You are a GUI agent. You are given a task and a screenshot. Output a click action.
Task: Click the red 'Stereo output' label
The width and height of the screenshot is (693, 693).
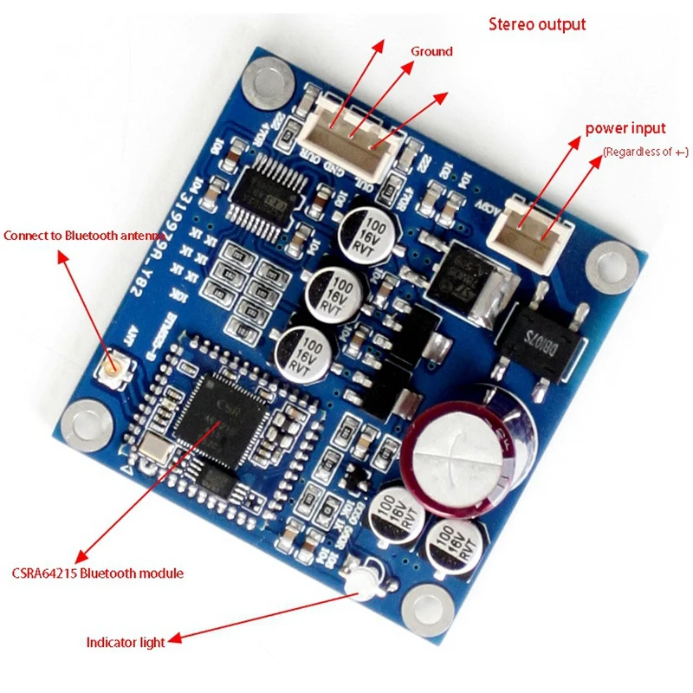[x=537, y=24]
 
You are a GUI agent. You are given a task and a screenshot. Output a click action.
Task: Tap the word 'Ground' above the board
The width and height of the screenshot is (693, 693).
[x=431, y=51]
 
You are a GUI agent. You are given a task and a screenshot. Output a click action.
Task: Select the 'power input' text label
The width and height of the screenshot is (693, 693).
[x=625, y=128]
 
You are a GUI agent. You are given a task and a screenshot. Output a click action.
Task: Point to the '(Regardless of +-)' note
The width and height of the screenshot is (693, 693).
[x=645, y=152]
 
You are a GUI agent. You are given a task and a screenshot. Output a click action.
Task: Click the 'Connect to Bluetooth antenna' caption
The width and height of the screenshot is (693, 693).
[x=71, y=236]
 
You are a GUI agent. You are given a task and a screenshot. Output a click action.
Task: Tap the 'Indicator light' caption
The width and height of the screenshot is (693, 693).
[x=126, y=642]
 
